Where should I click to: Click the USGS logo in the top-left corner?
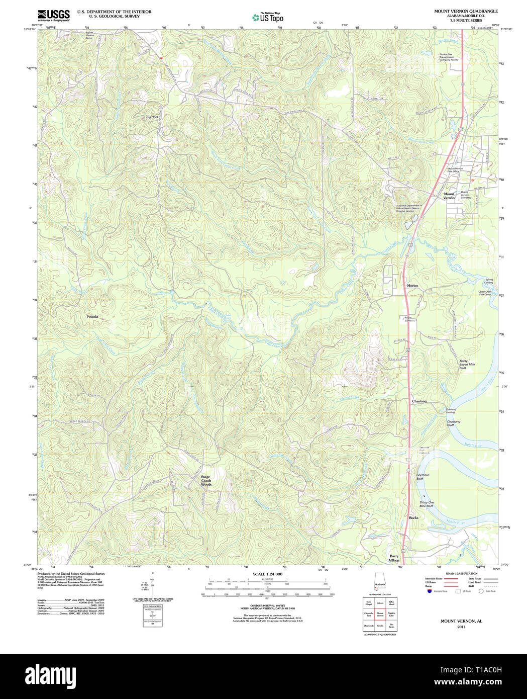pos(54,15)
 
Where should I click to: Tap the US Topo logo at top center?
pos(268,17)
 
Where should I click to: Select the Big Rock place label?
pos(152,117)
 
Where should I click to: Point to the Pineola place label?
pos(92,317)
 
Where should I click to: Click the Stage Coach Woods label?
pos(206,481)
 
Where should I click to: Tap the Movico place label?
pos(412,286)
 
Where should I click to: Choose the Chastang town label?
pos(419,401)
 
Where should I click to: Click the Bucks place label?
pos(413,517)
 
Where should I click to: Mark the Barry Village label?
pos(394,558)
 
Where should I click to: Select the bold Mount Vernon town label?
pos(449,196)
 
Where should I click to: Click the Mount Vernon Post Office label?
pos(453,170)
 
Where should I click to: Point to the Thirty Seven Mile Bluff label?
pos(467,365)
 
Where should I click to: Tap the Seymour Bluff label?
pos(423,477)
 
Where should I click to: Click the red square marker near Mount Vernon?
pos(472,180)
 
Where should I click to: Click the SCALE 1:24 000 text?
pos(267,574)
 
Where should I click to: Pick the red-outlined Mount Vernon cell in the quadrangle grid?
pos(380,614)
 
